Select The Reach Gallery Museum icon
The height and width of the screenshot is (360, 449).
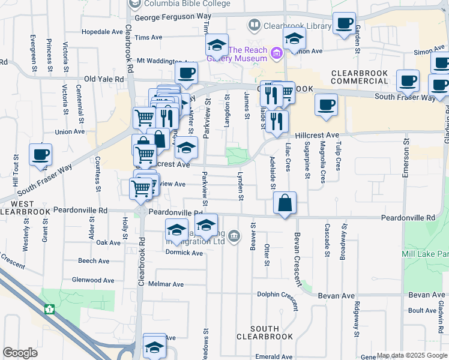tap(277, 54)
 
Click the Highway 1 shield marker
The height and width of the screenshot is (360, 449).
tap(49, 309)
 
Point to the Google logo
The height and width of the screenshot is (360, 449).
tap(20, 353)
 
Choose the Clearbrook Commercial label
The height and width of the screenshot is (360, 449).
tap(361, 77)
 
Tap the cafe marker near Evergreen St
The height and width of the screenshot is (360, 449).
tap(40, 155)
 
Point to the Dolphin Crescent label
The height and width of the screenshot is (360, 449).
tap(278, 294)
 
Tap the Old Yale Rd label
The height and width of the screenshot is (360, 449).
tap(104, 79)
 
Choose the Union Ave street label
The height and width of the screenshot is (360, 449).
tap(70, 131)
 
